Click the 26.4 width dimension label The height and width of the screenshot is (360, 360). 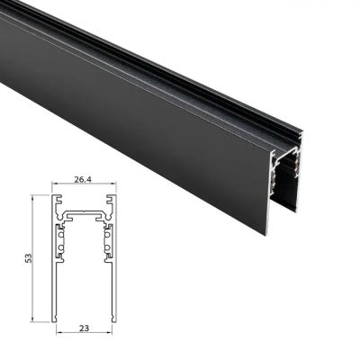click(83, 179)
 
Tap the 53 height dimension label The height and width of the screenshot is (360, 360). click(28, 258)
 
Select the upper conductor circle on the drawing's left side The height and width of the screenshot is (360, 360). click(61, 235)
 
